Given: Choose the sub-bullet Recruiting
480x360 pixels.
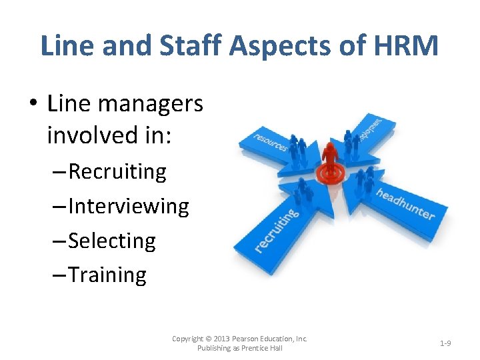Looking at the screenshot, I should [117, 171].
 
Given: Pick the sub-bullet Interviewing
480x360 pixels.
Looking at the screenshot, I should [129, 206].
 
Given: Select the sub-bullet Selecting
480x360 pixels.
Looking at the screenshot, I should [112, 241].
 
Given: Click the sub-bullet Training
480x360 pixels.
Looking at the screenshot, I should [107, 275].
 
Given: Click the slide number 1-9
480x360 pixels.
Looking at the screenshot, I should [445, 343].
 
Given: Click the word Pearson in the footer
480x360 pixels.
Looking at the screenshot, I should [253, 339].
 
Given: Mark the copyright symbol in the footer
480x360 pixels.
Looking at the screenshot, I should [209, 339].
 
